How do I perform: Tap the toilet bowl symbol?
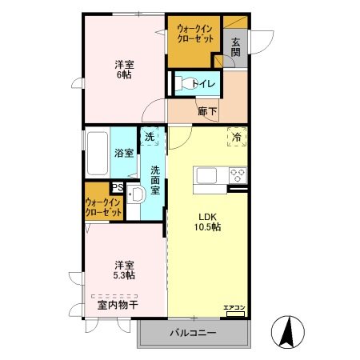pyautogui.click(x=182, y=82)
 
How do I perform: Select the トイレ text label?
pyautogui.click(x=204, y=83)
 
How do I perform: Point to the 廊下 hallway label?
pyautogui.click(x=207, y=111)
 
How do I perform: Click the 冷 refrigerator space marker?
pyautogui.click(x=237, y=137)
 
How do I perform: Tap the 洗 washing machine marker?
pyautogui.click(x=150, y=137)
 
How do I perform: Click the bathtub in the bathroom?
pyautogui.click(x=95, y=153)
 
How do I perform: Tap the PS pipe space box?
pyautogui.click(x=117, y=188)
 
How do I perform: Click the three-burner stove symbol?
pyautogui.click(x=238, y=174)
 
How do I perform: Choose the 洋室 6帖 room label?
pyautogui.click(x=122, y=70)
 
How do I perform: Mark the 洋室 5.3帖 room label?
pyautogui.click(x=122, y=270)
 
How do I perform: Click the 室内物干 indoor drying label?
pyautogui.click(x=118, y=305)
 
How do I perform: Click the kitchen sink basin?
pyautogui.click(x=204, y=174)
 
